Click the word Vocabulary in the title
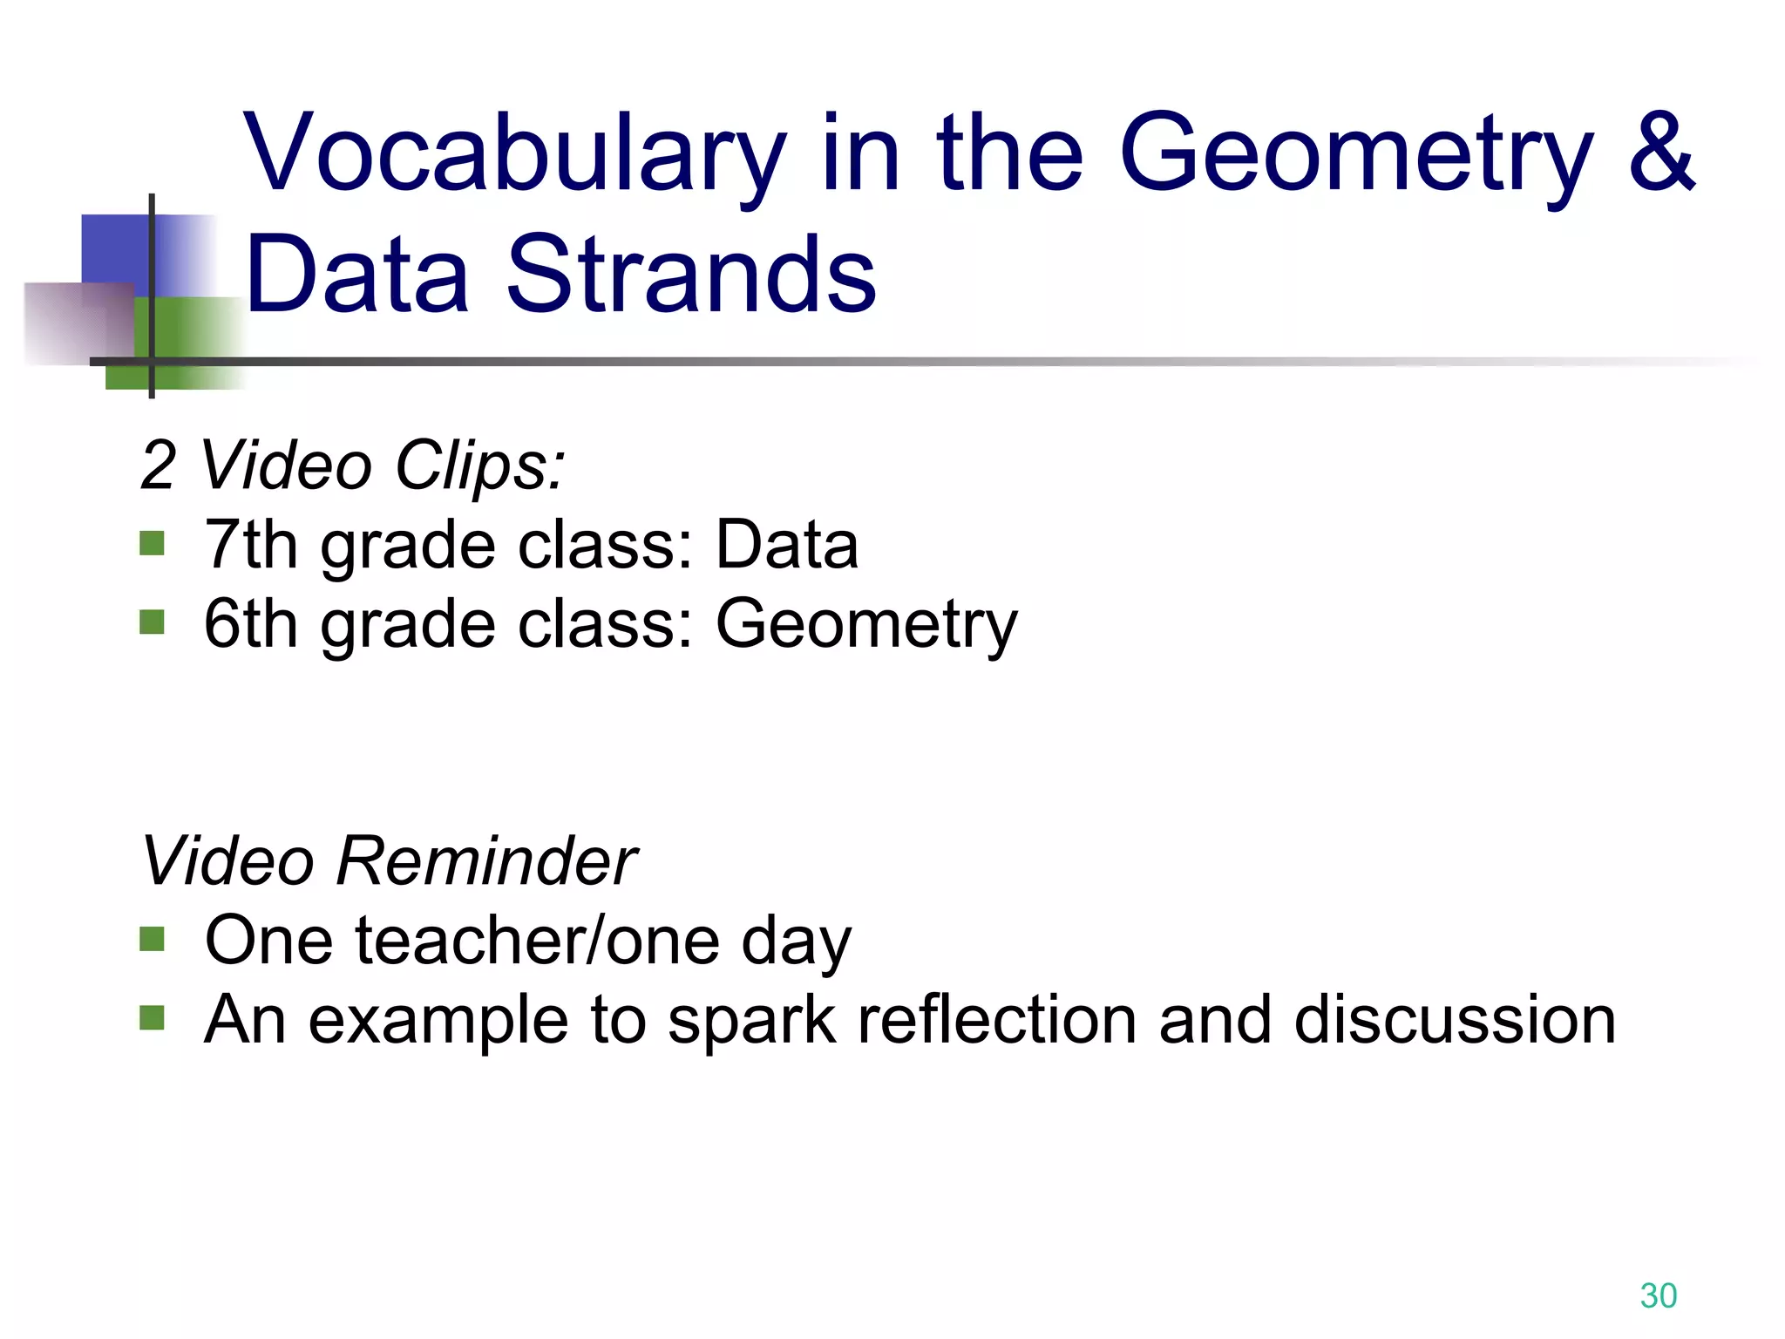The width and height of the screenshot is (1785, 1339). point(514,155)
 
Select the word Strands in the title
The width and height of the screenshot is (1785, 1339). point(690,275)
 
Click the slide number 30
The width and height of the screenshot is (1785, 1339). point(1658,1296)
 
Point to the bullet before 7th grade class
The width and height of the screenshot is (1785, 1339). point(152,545)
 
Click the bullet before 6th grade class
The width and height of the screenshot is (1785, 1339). point(152,622)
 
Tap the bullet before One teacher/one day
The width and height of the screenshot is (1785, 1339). point(152,939)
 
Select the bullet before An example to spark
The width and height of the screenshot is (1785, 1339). point(152,1017)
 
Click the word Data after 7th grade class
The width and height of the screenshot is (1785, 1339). point(786,545)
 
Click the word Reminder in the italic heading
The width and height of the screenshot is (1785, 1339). point(485,861)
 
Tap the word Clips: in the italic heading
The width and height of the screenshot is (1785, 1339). point(479,466)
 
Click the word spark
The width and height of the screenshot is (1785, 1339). point(751,1022)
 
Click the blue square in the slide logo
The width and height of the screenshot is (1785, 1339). point(115,248)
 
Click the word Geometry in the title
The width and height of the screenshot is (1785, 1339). point(1355,155)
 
